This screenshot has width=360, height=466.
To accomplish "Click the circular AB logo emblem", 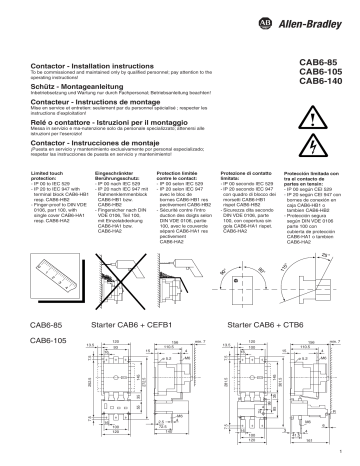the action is (x=277, y=8).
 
